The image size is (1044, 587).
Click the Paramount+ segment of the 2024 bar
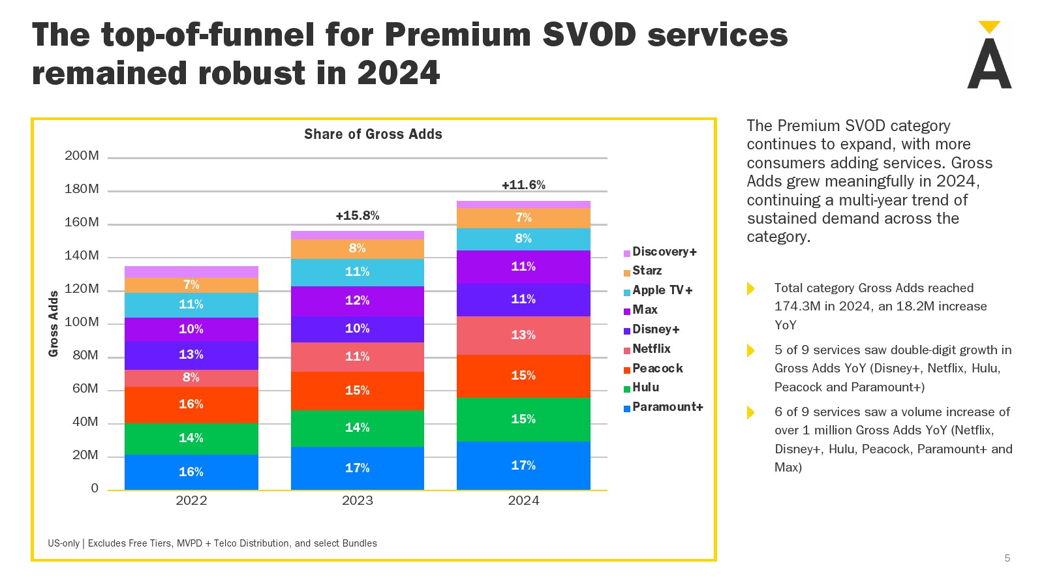(523, 465)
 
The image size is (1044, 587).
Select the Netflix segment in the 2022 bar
(191, 378)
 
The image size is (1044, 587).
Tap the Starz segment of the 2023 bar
(357, 248)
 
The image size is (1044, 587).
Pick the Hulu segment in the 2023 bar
(357, 428)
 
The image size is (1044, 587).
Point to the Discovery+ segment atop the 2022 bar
(191, 271)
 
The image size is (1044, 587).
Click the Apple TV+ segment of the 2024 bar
(523, 239)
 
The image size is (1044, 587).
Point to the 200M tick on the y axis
(82, 156)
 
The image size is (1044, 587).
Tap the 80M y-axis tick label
(85, 355)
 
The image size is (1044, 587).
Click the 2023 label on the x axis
(357, 501)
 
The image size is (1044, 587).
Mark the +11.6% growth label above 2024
(523, 185)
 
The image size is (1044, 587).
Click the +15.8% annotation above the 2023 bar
(357, 216)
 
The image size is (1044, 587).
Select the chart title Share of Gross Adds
(373, 134)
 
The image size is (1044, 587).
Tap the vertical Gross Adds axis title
(54, 324)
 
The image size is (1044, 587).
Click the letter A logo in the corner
(989, 59)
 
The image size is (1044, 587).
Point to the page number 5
(1007, 558)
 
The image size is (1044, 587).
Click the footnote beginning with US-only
(212, 543)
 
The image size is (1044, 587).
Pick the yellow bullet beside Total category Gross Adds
(750, 289)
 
